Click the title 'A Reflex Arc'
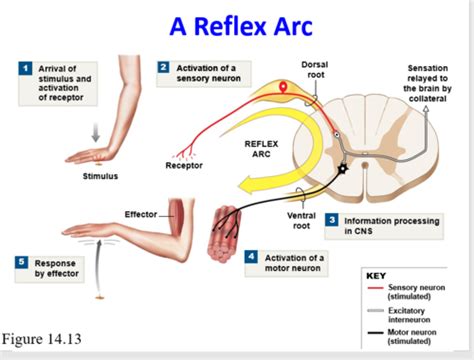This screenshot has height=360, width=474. coord(237,24)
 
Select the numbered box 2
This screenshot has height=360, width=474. coord(163,67)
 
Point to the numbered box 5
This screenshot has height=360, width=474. coord(21,262)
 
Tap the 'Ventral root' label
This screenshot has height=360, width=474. coord(301,220)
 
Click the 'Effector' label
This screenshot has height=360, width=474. coord(141,214)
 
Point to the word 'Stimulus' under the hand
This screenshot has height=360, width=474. coord(100,176)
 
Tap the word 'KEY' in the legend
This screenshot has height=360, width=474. coord(377,273)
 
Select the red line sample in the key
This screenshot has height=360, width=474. coord(380,287)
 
